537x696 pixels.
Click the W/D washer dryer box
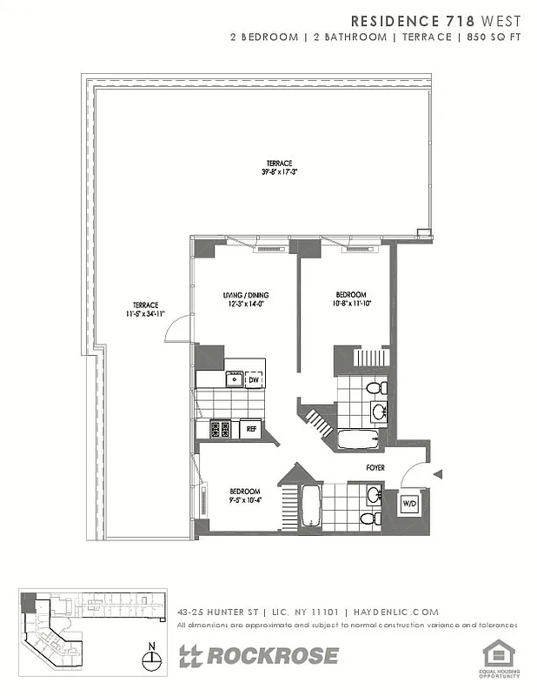coord(408,504)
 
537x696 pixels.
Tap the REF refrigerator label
coord(250,429)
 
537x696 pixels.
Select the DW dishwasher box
coord(254,379)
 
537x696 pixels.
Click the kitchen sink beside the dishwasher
coord(234,378)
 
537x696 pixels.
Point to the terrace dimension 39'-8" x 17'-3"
coord(280,172)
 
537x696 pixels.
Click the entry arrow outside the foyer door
coord(438,474)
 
